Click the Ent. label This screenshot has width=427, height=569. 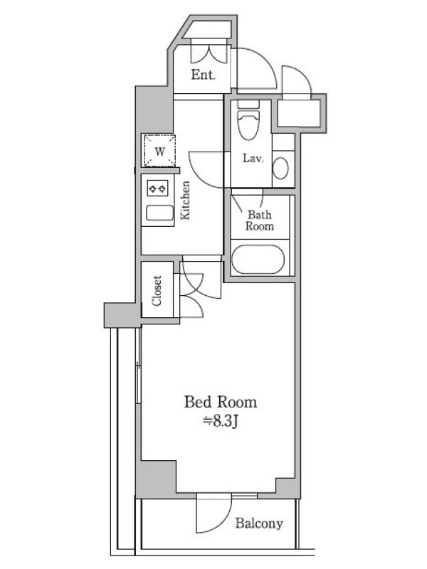(204, 75)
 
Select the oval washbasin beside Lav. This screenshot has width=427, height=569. (280, 168)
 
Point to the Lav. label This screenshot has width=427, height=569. (253, 158)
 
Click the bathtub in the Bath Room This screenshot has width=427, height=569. (258, 260)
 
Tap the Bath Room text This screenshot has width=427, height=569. (260, 220)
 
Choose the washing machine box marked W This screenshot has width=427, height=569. (159, 150)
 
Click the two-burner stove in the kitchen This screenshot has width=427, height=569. (157, 188)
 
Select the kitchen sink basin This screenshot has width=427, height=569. (159, 213)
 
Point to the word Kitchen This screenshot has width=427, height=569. (185, 200)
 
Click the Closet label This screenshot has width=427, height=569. (157, 291)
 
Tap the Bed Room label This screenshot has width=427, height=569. (221, 402)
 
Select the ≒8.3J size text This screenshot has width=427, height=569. (221, 421)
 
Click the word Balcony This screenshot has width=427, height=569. (259, 523)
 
